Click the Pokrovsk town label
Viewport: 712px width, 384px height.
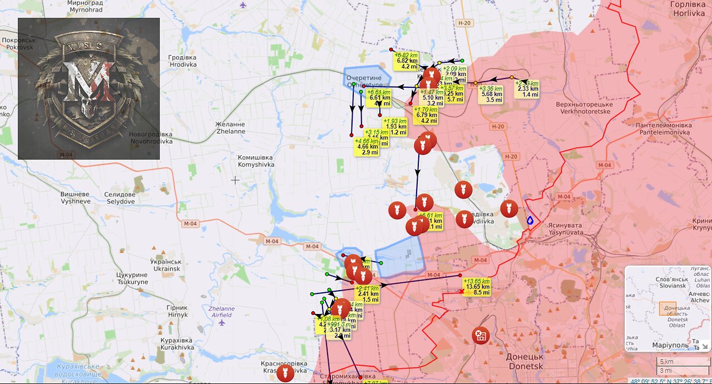coord(19,44)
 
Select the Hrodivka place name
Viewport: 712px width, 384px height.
coord(182,61)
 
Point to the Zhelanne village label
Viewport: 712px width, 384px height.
coord(230,128)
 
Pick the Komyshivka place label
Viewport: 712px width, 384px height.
coord(255,161)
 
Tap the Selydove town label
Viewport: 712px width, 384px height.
coord(120,198)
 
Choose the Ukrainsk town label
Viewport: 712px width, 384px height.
coord(167,265)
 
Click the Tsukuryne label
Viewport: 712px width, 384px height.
coord(132,278)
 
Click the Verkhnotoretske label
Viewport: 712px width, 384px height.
coord(584,108)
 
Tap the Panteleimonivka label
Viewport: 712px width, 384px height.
coord(664,129)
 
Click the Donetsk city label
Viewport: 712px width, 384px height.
coord(525,360)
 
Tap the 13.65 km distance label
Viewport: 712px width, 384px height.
coord(477,287)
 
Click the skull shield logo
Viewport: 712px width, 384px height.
coord(89,88)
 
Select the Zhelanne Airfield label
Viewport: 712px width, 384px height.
coord(221,312)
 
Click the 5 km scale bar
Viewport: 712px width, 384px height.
coord(681,362)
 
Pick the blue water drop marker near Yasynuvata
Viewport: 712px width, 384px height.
coord(530,221)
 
